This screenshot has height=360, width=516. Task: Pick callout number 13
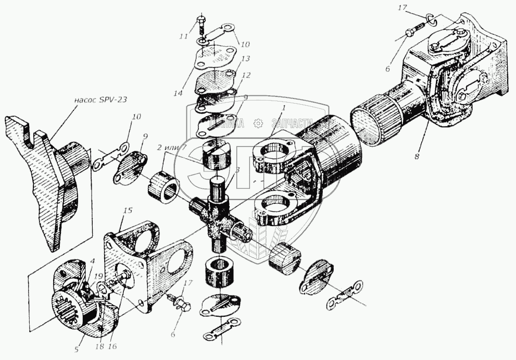(246, 59)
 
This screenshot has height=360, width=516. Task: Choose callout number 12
(246, 76)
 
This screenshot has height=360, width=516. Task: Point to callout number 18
(100, 346)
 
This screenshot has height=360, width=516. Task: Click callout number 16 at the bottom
(113, 346)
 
